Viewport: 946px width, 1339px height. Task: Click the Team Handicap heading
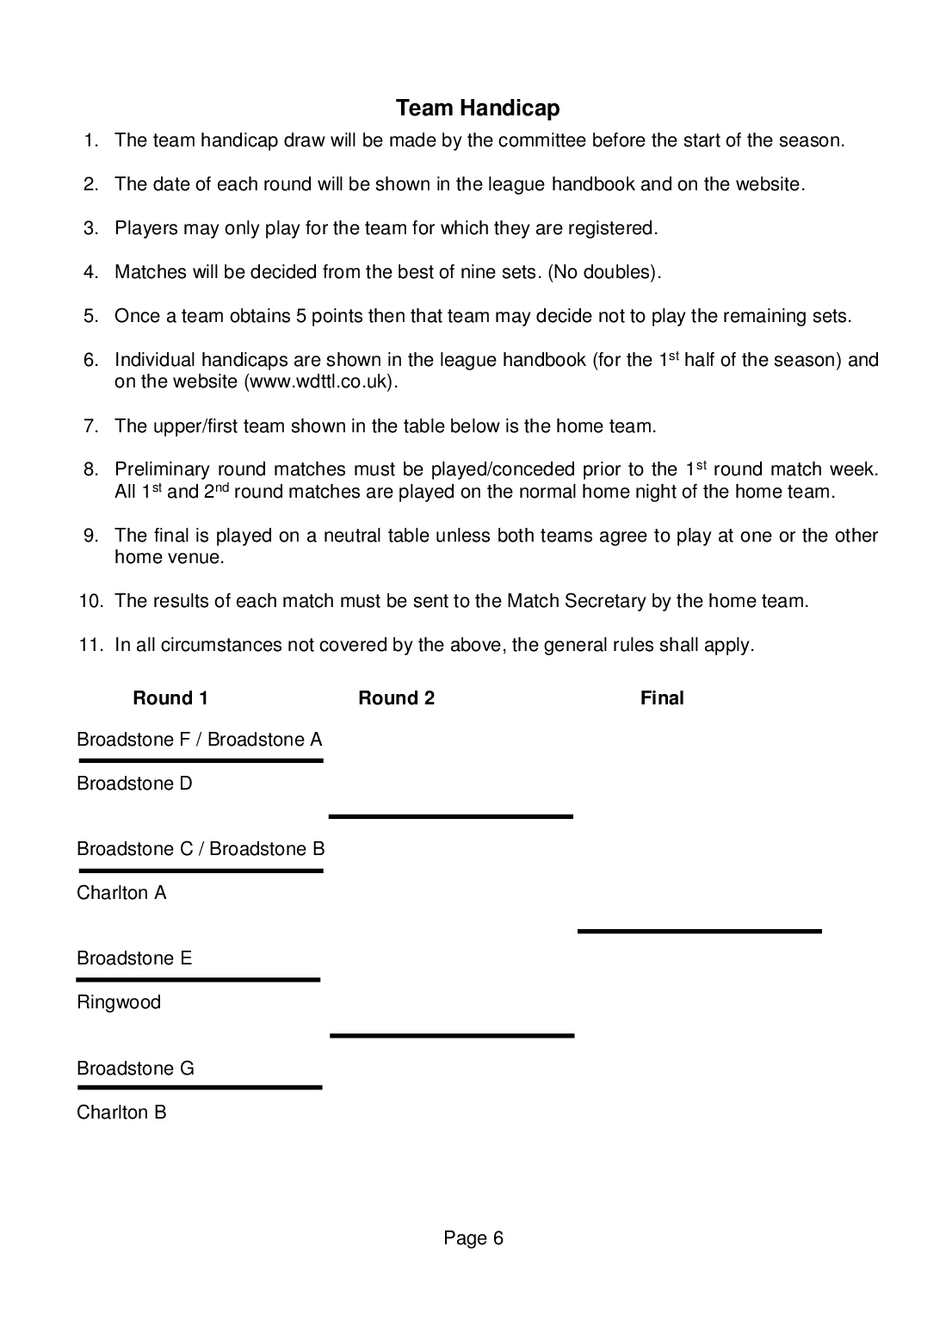[x=478, y=108]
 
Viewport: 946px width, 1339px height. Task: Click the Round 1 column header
[x=170, y=698]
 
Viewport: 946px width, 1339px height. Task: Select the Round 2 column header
[x=396, y=698]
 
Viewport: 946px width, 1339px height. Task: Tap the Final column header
[x=662, y=698]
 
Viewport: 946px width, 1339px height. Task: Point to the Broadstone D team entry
[x=134, y=784]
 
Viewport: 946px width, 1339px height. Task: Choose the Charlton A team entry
[x=121, y=893]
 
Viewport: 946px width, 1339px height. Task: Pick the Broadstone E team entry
[x=134, y=958]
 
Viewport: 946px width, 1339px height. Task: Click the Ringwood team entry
[x=119, y=1002]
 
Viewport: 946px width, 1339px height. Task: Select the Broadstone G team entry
[x=135, y=1069]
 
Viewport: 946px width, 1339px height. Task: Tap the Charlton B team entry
[x=121, y=1113]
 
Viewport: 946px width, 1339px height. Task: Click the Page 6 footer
[x=473, y=1238]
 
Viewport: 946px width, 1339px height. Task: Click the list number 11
[x=90, y=645]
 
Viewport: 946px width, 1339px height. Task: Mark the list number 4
[x=91, y=272]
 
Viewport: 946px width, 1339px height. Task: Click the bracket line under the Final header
[x=699, y=931]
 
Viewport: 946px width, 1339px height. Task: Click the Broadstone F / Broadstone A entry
[x=200, y=740]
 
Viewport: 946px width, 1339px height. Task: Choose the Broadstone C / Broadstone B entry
[x=201, y=849]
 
